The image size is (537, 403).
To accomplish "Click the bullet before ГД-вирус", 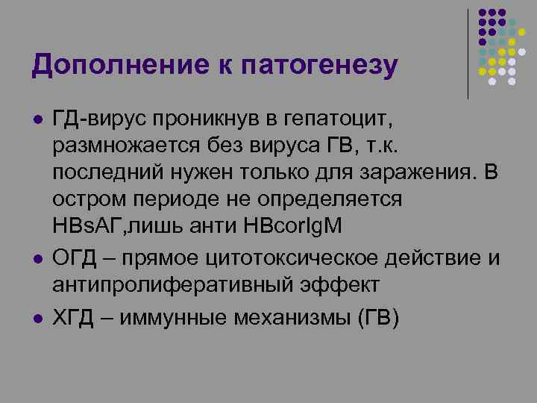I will click(x=36, y=119).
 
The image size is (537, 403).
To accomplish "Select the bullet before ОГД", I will click(x=36, y=258).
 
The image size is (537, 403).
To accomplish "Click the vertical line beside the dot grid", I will click(x=468, y=52).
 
